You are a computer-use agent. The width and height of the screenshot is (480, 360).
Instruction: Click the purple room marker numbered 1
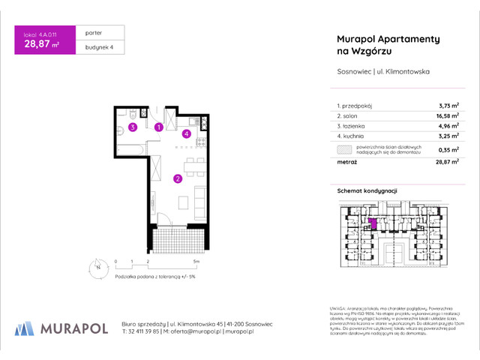coord(158,127)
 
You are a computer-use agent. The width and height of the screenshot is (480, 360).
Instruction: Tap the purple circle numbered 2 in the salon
coord(177,178)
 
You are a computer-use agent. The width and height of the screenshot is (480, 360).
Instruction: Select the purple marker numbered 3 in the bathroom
coord(132,127)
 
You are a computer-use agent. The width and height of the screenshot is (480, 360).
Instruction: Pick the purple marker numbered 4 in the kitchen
coord(187,134)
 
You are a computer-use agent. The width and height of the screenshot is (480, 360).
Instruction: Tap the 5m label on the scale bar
coord(195,262)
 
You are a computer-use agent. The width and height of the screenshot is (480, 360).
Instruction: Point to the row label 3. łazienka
coord(347,127)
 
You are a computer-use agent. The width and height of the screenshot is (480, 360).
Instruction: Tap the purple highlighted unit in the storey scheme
coord(373,223)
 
